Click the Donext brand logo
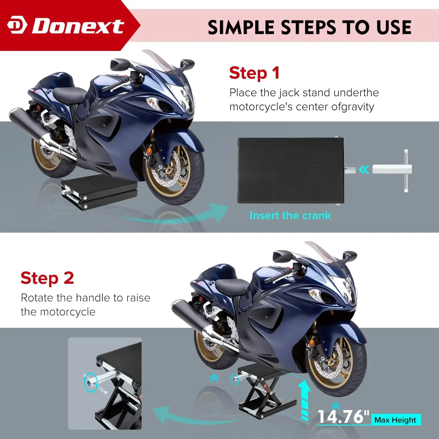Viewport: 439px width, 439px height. (x=66, y=26)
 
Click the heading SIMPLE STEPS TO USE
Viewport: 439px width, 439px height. (x=309, y=28)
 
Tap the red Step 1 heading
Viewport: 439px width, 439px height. (x=254, y=73)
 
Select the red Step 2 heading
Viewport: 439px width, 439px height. (x=47, y=278)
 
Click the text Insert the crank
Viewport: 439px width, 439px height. (x=290, y=216)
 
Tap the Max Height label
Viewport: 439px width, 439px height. (x=395, y=420)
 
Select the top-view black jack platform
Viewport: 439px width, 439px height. (x=290, y=170)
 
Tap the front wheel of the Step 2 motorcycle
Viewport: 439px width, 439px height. (x=337, y=366)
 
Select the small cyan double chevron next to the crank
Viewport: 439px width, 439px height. (x=364, y=170)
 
